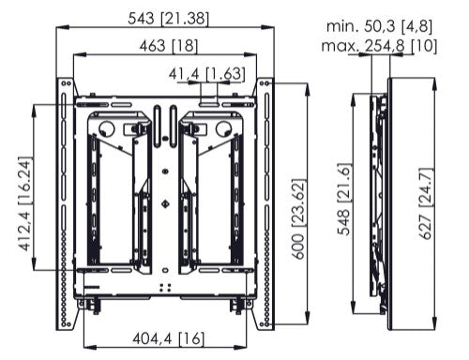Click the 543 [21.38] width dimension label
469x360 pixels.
168,19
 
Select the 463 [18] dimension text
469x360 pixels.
169,46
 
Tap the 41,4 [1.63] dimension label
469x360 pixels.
207,74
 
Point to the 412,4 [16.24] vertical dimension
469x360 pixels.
25,204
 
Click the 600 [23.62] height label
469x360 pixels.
298,218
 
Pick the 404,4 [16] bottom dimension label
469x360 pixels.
169,338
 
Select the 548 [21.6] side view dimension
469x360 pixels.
343,199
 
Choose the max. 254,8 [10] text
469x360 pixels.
379,46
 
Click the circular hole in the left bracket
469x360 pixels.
107,128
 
